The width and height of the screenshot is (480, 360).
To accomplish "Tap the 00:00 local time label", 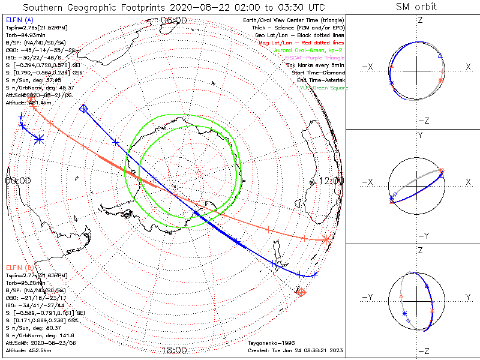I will pyautogui.click(x=18, y=180).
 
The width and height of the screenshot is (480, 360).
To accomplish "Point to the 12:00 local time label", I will pyautogui.click(x=331, y=180).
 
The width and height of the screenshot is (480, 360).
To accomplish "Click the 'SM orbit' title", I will pyautogui.click(x=416, y=7).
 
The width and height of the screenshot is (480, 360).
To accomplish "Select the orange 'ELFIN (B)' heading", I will pyautogui.click(x=19, y=267).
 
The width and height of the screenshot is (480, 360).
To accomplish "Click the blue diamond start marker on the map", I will pyautogui.click(x=83, y=109).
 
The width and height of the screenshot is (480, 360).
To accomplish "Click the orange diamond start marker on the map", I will pyautogui.click(x=302, y=292).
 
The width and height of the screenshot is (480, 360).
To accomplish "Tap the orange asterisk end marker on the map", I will pyautogui.click(x=326, y=239).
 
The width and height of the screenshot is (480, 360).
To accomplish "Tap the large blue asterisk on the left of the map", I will pyautogui.click(x=39, y=139).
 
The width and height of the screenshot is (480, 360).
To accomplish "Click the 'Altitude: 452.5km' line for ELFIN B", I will pyautogui.click(x=28, y=349).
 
